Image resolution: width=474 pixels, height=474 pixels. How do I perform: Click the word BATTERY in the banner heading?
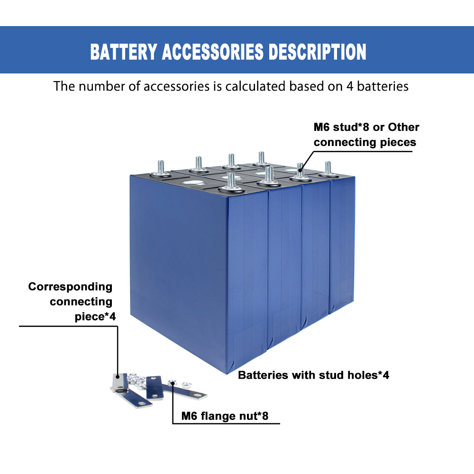click(123, 52)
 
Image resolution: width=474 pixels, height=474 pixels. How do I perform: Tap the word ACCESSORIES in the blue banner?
click(212, 52)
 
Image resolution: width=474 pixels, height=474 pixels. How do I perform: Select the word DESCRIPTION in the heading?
click(318, 52)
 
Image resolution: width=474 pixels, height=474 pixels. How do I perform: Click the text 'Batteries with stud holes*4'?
click(313, 375)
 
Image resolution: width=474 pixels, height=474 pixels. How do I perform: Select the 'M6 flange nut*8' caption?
click(225, 417)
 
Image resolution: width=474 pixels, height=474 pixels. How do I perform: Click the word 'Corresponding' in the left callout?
click(70, 287)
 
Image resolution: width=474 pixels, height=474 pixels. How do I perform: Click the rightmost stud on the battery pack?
click(328, 169)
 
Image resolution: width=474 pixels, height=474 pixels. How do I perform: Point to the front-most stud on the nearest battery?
click(231, 182)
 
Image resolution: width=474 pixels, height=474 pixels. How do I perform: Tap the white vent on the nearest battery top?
click(195, 183)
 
